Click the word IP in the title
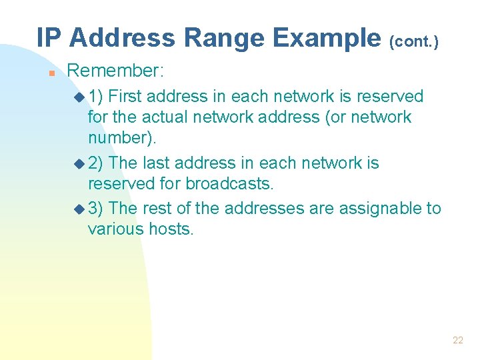(x=49, y=38)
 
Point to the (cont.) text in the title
(x=414, y=41)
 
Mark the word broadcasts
(x=230, y=183)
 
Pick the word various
(x=115, y=229)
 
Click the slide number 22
(x=457, y=340)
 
